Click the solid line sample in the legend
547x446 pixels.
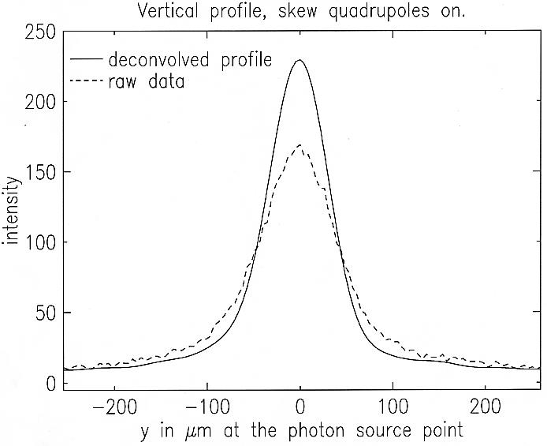pos(87,60)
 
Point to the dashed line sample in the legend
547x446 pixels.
pos(87,81)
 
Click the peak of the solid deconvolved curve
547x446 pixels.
pos(300,60)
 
